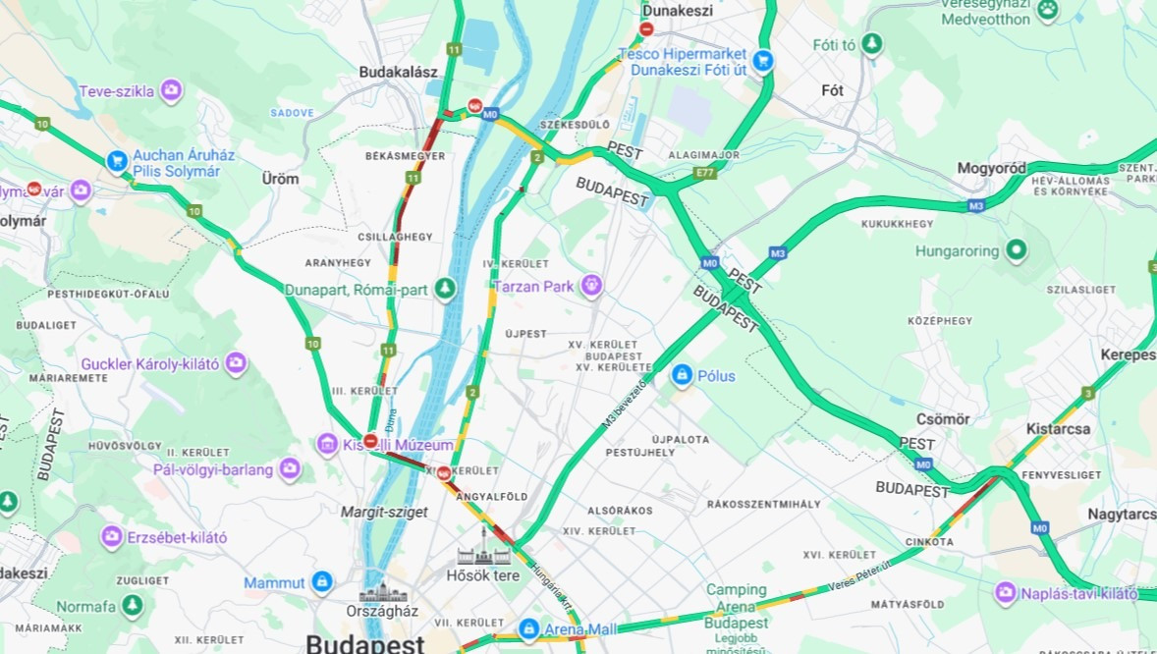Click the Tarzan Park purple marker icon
click(590, 286)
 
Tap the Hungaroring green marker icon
click(1015, 250)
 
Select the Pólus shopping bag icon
click(682, 375)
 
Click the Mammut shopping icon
click(321, 582)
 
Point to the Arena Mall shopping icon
click(528, 627)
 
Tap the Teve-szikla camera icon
click(171, 91)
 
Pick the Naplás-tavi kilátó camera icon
click(1005, 593)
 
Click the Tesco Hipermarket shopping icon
click(762, 62)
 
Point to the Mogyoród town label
click(991, 168)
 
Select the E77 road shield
click(703, 172)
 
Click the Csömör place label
click(943, 419)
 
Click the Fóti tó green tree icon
click(871, 44)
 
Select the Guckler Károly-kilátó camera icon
click(236, 364)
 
